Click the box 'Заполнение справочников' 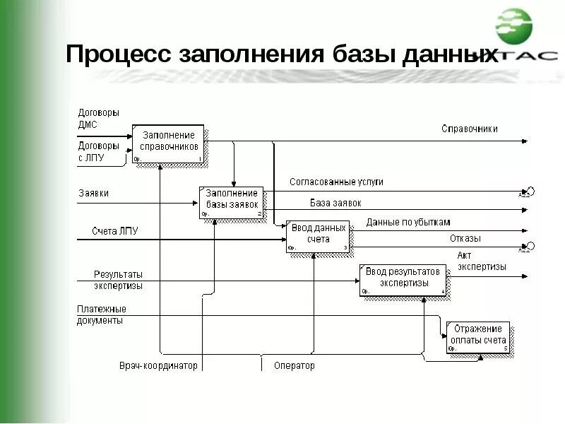[x=168, y=144]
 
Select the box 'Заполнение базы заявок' [x=231, y=203]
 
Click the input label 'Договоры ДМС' [x=97, y=118]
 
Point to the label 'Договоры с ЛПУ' [x=97, y=152]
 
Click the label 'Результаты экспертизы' [x=118, y=280]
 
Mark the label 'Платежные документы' [x=101, y=314]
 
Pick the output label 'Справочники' [x=469, y=129]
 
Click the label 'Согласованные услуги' [x=336, y=182]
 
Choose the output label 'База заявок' [x=335, y=203]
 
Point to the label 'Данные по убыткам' [x=408, y=223]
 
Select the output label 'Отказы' [x=465, y=239]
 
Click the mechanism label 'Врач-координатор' [x=158, y=366]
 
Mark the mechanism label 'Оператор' [x=295, y=366]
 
